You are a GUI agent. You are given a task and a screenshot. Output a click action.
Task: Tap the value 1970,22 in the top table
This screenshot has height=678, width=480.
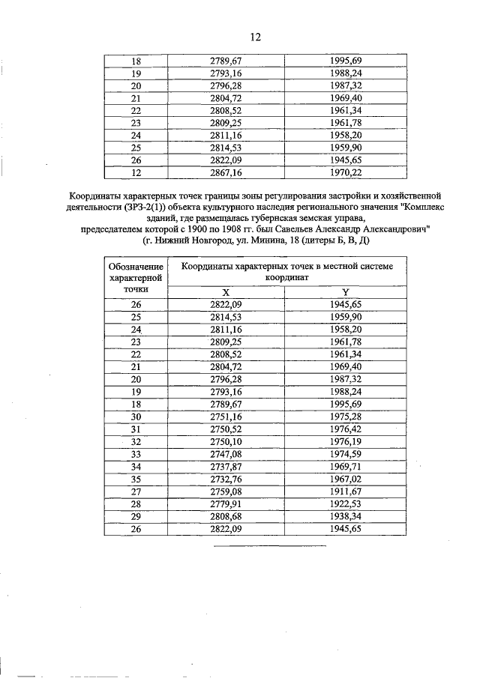click(x=346, y=172)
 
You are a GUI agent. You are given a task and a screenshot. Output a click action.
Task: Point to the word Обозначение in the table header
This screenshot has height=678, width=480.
click(x=136, y=266)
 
